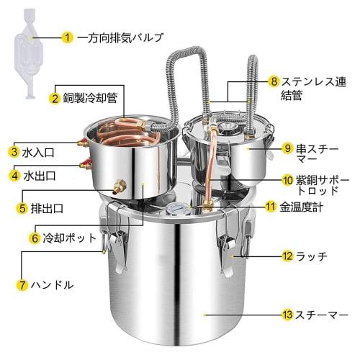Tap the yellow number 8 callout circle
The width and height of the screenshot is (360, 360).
click(x=274, y=81)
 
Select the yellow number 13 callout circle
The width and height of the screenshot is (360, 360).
click(x=287, y=315)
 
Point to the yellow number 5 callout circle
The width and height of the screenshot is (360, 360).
click(x=22, y=209)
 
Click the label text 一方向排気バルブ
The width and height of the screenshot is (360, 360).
click(x=119, y=36)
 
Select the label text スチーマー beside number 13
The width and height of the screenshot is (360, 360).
click(x=323, y=315)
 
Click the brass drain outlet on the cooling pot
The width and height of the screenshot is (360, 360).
click(x=117, y=189)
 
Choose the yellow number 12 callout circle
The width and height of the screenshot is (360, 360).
click(x=287, y=255)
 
